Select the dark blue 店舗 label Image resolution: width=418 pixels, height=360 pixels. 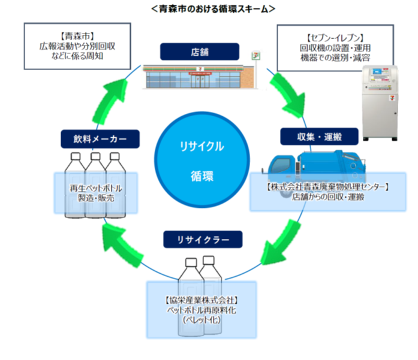200,52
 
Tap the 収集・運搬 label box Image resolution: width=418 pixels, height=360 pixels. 318,136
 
